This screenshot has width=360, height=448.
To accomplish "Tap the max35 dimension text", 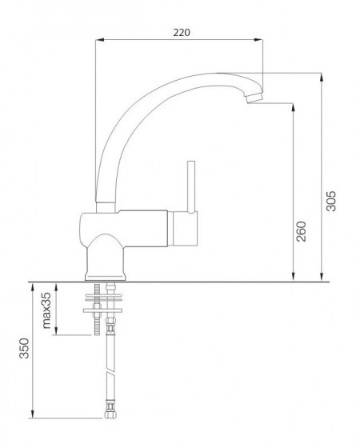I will point(46,311).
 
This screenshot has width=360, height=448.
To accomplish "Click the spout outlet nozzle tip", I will point(253,98).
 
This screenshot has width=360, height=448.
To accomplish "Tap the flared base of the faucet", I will point(104,259).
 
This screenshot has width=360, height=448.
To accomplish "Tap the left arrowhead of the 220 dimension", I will point(98,40).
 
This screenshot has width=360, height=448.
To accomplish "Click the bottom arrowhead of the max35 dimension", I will point(57,334).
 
